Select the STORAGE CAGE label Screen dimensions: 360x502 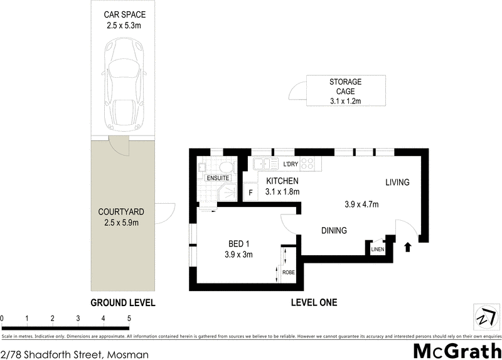click(346, 92)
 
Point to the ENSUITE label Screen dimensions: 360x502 click(218, 178)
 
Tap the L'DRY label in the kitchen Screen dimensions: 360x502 click(291, 165)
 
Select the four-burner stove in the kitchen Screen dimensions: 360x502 click(308, 164)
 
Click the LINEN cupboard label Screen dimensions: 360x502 click(377, 250)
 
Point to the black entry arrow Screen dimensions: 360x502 click(409, 246)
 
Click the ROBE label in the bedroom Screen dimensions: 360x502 click(289, 273)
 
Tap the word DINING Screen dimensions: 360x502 click(334, 231)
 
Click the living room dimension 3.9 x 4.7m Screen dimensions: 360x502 click(361, 204)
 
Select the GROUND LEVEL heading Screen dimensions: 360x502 click(123, 303)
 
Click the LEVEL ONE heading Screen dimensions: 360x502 click(314, 303)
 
